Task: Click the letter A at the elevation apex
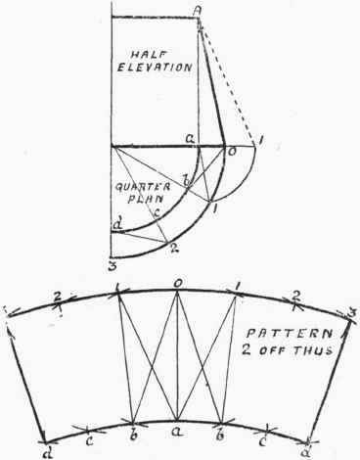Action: tap(198, 11)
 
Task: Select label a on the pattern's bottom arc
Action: tap(176, 430)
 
